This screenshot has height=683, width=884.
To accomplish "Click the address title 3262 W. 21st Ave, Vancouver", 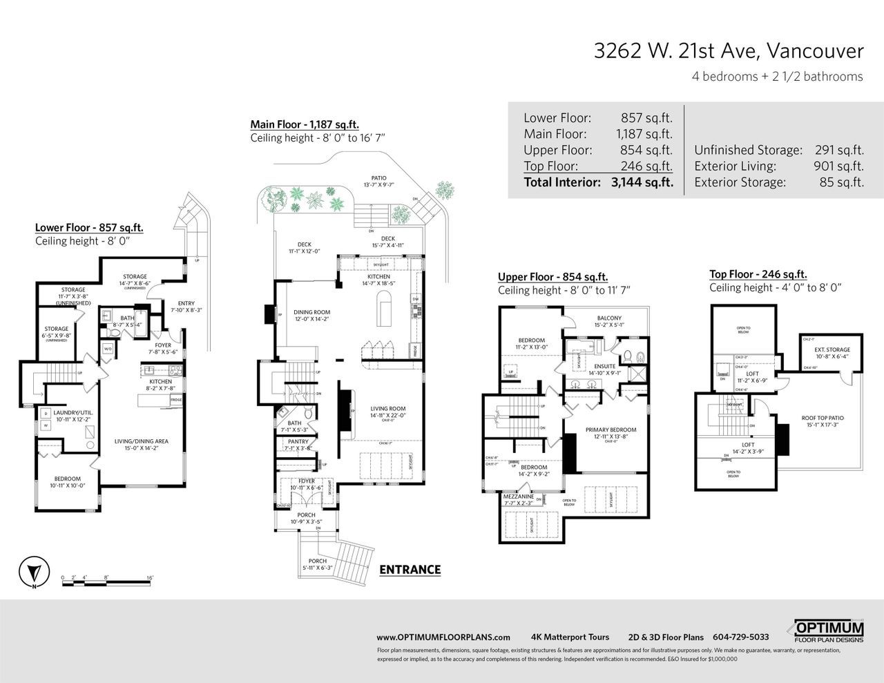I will pyautogui.click(x=729, y=51).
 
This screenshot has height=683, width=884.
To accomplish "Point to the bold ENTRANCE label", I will pyautogui.click(x=410, y=570).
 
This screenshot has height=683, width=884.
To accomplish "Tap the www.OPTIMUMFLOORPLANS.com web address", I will pyautogui.click(x=443, y=637).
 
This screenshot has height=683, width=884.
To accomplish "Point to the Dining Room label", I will pyautogui.click(x=312, y=312).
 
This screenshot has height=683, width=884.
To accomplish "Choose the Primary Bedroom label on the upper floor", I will pyautogui.click(x=611, y=430).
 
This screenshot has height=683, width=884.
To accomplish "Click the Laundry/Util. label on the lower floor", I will pyautogui.click(x=73, y=412).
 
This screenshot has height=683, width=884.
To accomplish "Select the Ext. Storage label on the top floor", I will pyautogui.click(x=832, y=349).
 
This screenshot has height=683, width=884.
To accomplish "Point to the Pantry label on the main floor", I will pyautogui.click(x=298, y=441).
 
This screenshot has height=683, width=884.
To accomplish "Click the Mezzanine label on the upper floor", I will pyautogui.click(x=518, y=496).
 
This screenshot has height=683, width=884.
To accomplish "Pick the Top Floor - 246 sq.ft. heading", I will pyautogui.click(x=758, y=274).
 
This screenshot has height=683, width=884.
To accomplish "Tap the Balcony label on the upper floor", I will pyautogui.click(x=609, y=318).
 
